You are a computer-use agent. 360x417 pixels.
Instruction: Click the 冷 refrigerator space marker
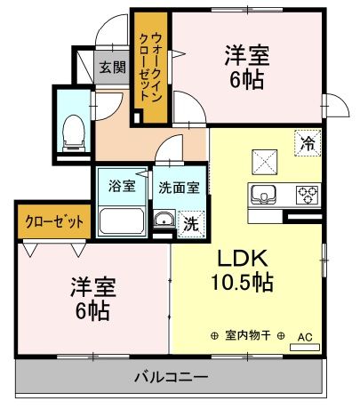308,143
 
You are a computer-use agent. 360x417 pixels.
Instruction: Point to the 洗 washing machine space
191,224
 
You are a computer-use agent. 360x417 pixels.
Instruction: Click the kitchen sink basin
263,195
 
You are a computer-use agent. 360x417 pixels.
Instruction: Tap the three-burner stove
308,195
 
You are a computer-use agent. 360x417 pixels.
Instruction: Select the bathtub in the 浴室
122,221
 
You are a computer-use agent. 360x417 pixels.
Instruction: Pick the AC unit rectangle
305,348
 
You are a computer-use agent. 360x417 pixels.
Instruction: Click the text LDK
243,258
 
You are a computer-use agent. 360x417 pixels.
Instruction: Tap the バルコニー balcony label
172,377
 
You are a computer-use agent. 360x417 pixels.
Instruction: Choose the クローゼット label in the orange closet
54,221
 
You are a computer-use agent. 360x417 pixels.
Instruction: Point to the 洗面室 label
179,188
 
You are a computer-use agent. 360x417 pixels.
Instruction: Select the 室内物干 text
248,335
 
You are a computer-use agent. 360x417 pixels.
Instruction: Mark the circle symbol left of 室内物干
214,336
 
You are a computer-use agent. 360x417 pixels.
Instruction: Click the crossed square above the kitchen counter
264,162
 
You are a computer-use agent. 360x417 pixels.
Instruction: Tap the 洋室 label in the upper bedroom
247,55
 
